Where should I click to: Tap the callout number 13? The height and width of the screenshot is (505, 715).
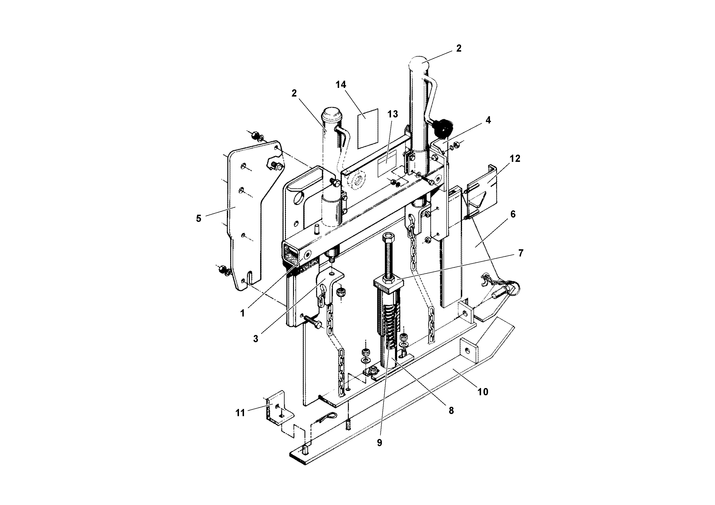[x=393, y=114]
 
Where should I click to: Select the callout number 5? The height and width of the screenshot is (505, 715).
[x=199, y=218]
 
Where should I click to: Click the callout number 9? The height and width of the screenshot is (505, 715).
[x=379, y=443]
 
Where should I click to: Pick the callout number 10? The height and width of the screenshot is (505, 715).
[x=483, y=392]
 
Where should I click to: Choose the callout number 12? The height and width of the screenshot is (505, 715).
[x=515, y=158]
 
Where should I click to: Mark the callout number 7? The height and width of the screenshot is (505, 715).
[x=521, y=253]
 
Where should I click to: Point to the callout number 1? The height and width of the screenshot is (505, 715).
[x=243, y=313]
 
